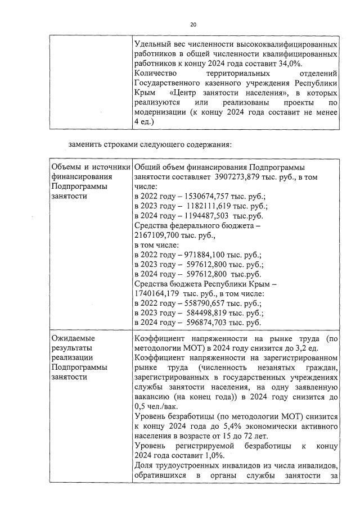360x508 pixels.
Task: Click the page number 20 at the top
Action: click(x=193, y=25)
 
